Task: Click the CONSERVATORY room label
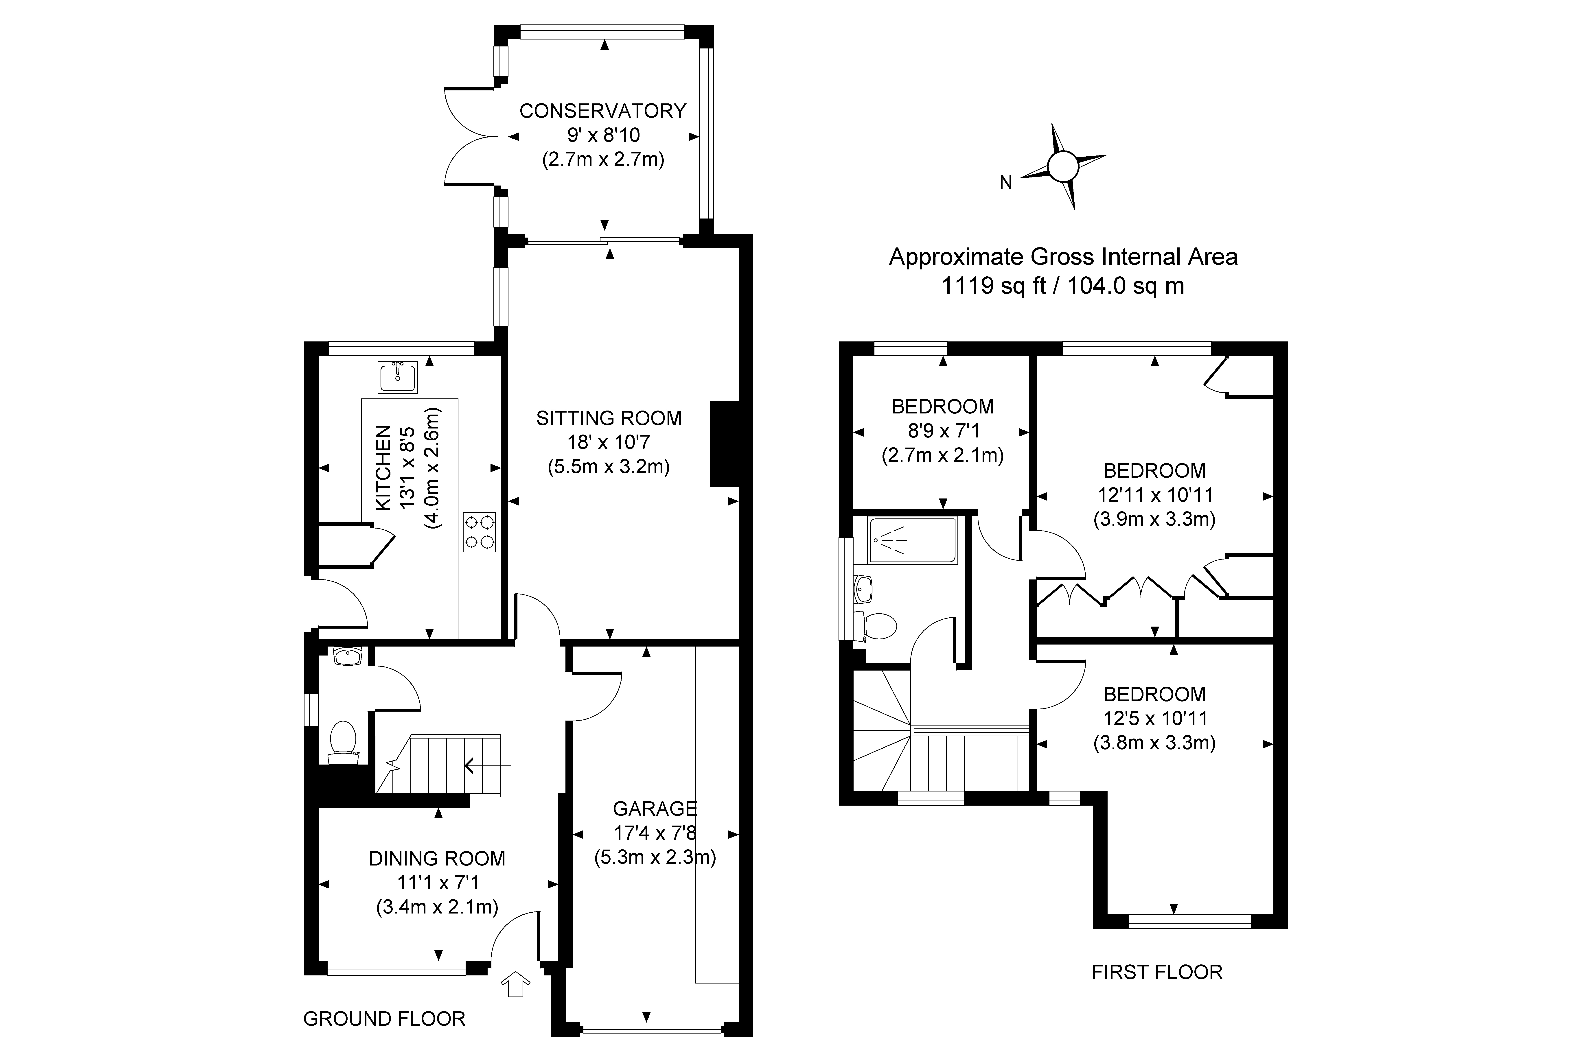[x=602, y=111]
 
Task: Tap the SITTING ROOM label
[x=608, y=418]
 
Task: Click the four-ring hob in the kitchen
[x=479, y=532]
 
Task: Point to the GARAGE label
[x=654, y=809]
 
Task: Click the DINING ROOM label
[x=437, y=859]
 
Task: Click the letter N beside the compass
[x=1006, y=183]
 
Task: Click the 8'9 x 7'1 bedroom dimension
[x=942, y=431]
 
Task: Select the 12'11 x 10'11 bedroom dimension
[x=1155, y=495]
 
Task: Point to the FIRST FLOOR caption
[x=1157, y=972]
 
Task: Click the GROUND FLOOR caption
[x=384, y=1019]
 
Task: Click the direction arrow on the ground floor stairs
[x=487, y=765]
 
